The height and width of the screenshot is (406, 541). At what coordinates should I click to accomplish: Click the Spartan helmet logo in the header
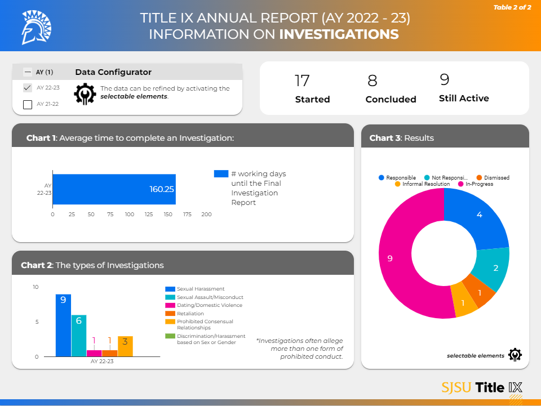point(36,28)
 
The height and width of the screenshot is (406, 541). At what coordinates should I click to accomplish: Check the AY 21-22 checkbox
point(27,104)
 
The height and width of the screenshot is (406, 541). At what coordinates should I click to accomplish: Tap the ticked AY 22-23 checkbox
point(27,88)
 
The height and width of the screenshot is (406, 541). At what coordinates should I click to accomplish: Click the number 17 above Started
point(302,81)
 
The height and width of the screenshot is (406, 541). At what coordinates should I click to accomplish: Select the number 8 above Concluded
point(372,81)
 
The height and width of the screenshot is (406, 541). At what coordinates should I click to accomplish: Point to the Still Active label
point(464,99)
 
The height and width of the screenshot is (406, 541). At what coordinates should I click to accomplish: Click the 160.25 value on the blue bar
point(162,189)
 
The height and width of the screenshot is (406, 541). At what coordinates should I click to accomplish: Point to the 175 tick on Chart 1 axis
point(188,215)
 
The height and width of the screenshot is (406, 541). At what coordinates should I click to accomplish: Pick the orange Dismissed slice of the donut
point(478,292)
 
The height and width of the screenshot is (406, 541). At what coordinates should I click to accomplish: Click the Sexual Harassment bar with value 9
point(63,325)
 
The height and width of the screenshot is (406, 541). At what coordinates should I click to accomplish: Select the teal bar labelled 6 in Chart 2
point(79,336)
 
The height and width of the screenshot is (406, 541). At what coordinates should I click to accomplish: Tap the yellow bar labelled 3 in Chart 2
point(125,346)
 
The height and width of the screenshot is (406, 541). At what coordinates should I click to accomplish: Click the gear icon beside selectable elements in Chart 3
point(515,355)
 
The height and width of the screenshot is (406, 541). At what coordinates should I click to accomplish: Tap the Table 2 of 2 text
point(512,7)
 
